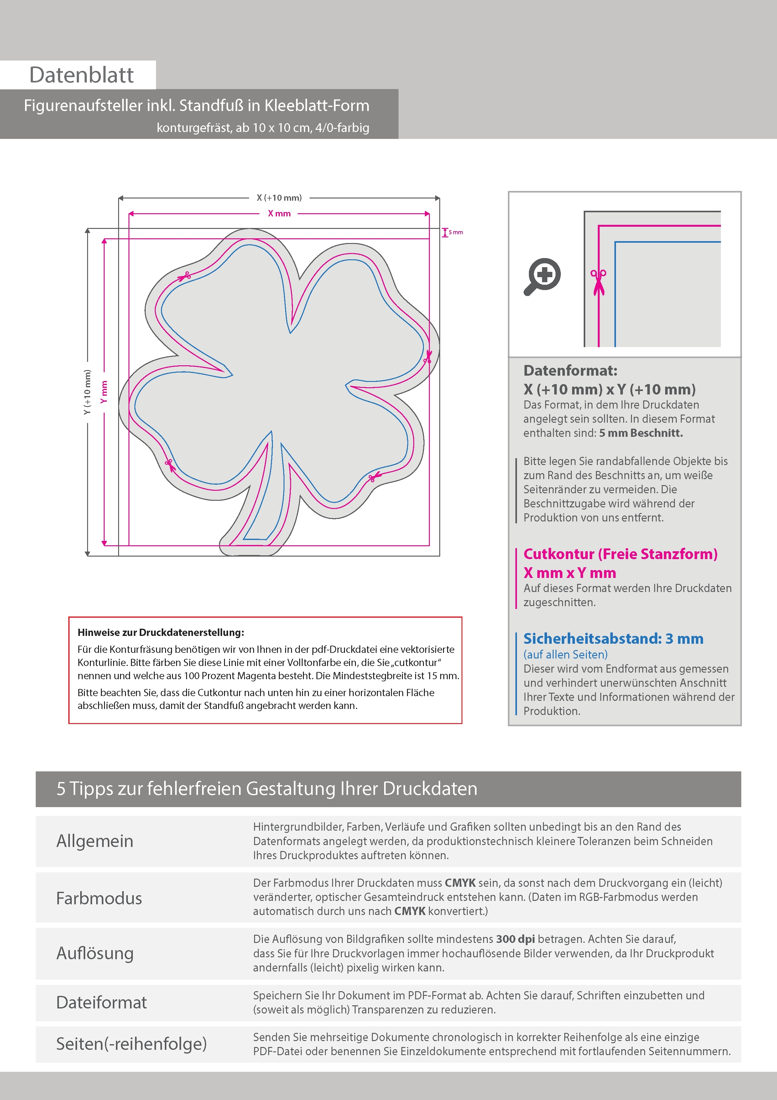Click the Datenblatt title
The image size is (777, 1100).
(81, 75)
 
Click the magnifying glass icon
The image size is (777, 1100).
(542, 277)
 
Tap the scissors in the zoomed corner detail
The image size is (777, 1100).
(598, 282)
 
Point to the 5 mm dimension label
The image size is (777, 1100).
(455, 232)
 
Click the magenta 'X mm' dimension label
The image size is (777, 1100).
(279, 214)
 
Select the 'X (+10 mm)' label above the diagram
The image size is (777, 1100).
(279, 197)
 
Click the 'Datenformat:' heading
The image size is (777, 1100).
(570, 370)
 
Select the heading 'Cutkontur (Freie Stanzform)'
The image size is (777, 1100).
(620, 554)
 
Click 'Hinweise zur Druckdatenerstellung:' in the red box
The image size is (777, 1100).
(161, 632)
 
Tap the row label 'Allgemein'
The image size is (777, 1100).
(95, 841)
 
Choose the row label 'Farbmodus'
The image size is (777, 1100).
(99, 898)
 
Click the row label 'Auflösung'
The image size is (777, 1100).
(95, 953)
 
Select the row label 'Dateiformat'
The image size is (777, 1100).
(102, 1002)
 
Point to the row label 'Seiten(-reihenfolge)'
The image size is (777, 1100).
(131, 1044)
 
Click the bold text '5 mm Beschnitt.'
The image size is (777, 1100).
(641, 433)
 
